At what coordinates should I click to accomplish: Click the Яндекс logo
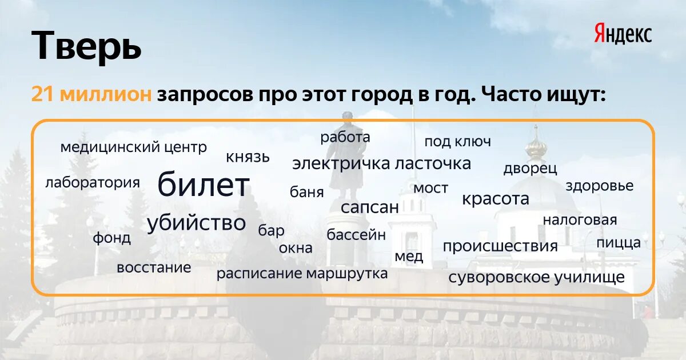point(623,34)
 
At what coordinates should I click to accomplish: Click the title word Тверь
point(86,46)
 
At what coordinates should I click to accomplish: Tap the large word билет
point(204,185)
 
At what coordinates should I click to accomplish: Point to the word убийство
point(196,223)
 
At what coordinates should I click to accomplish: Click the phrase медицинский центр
point(134,147)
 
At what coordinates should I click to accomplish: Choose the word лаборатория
point(93,183)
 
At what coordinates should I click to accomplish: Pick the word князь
point(248,157)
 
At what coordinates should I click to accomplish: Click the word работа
point(345,137)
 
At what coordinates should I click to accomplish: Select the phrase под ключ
point(457,142)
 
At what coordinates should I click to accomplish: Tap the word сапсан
point(370,207)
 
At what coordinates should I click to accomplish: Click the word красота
point(496,199)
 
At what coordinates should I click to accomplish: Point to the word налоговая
point(580,220)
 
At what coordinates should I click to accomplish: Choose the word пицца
point(619,243)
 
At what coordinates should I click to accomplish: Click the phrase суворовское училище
point(537,278)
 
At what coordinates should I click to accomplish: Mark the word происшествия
point(500,246)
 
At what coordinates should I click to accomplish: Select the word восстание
point(154,267)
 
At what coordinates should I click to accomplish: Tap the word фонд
point(112,238)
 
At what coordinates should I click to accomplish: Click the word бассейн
point(356,235)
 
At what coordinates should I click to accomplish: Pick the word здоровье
point(600,186)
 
